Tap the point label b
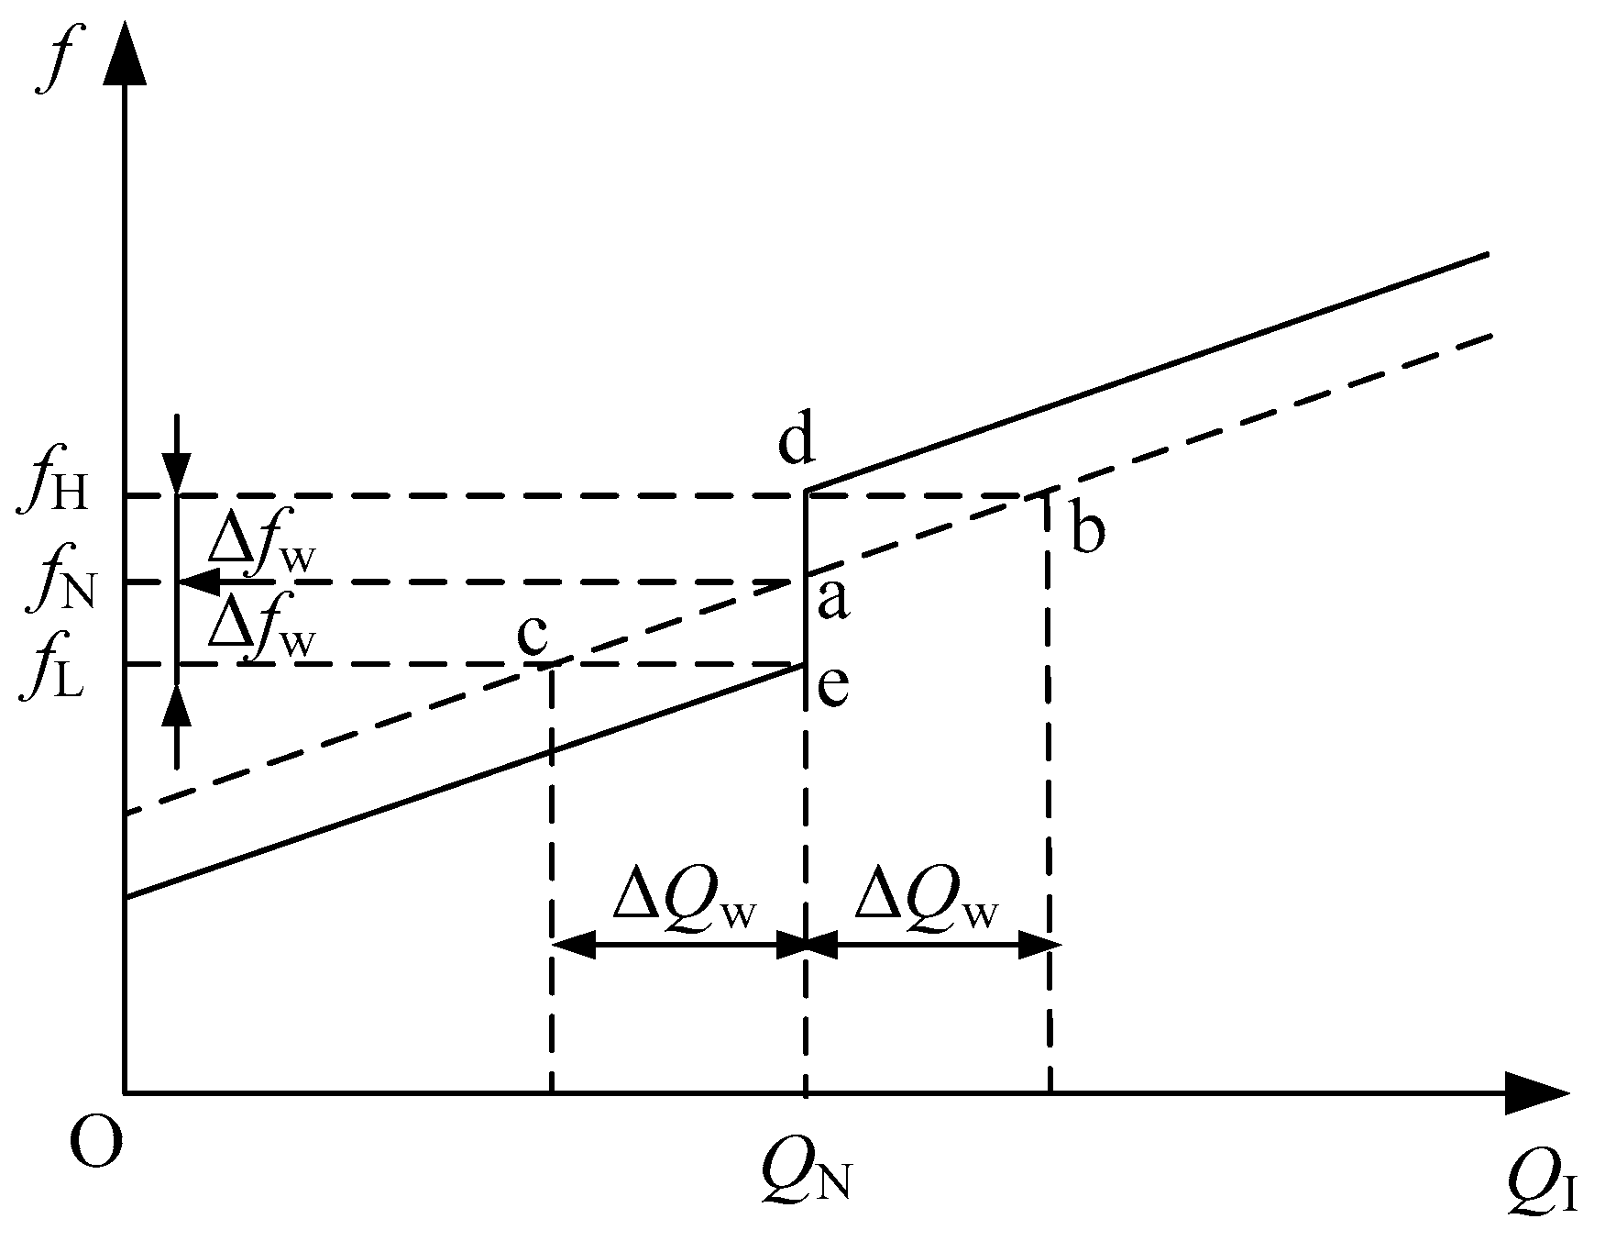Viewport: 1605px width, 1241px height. tap(1087, 530)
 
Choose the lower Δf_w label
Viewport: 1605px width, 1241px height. tap(261, 628)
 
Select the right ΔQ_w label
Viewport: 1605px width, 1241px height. tap(926, 902)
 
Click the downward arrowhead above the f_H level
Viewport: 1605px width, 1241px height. tap(177, 472)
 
